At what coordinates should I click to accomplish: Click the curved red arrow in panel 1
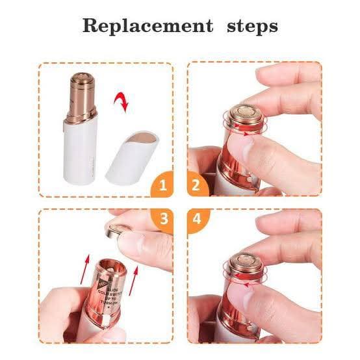point(121,101)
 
